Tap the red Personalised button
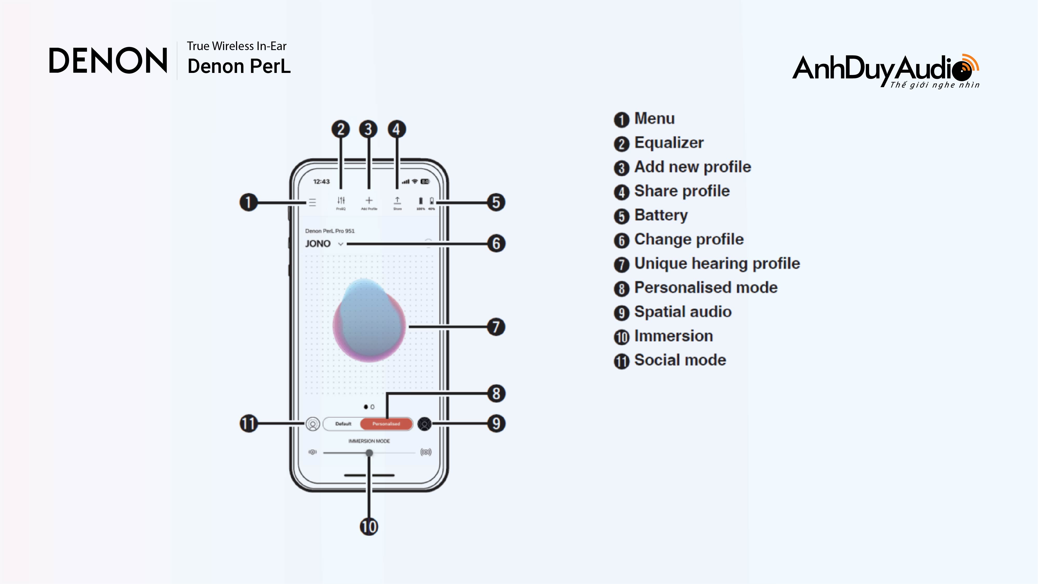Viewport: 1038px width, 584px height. [x=386, y=424]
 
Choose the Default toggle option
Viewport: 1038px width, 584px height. [x=343, y=424]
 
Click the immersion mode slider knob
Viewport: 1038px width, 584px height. [x=369, y=453]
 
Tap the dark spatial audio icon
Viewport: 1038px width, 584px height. [x=424, y=424]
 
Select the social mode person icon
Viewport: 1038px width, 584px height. [x=313, y=424]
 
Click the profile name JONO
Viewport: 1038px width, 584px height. [x=318, y=244]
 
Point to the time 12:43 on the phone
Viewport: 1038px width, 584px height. [x=321, y=182]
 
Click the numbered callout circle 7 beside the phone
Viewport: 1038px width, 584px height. [x=496, y=327]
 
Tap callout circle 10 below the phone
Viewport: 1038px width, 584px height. [x=369, y=527]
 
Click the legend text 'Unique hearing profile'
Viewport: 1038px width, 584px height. [x=717, y=264]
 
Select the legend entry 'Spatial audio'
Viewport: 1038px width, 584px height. [x=683, y=312]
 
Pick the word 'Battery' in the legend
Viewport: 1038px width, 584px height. [x=661, y=215]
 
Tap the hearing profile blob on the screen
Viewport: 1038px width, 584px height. [x=369, y=320]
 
